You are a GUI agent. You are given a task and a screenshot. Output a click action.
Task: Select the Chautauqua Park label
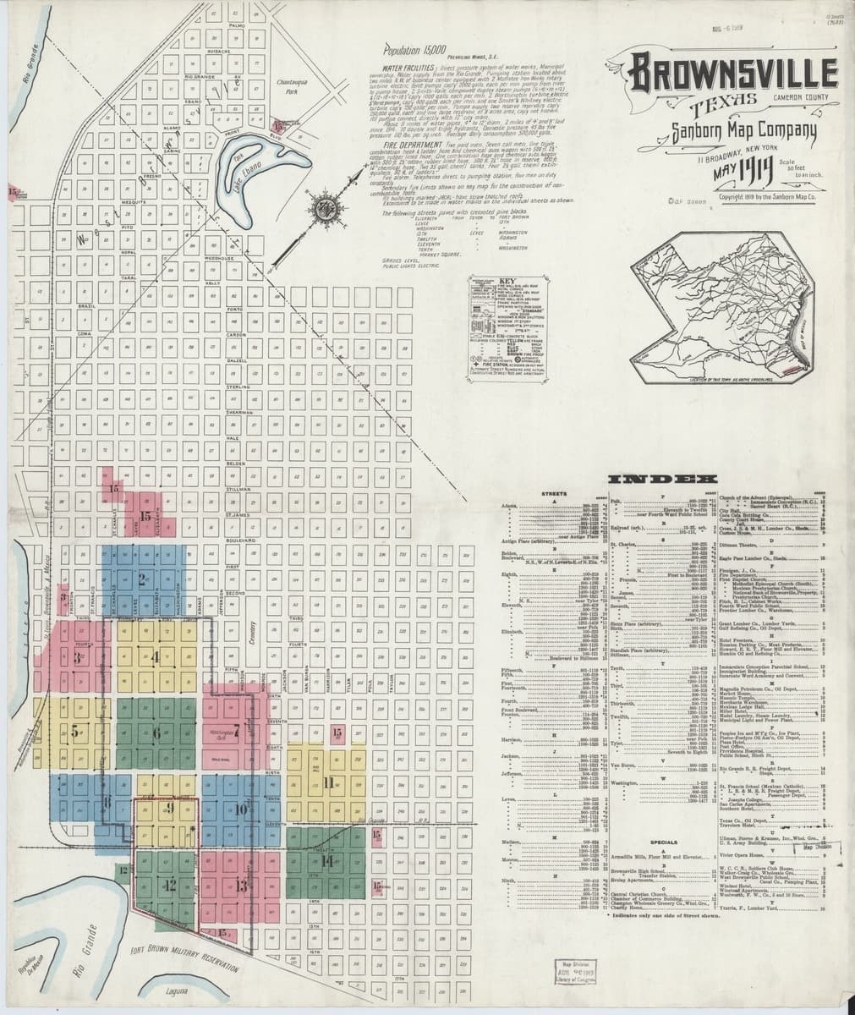(294, 86)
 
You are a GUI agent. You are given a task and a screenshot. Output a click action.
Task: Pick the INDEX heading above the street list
(665, 480)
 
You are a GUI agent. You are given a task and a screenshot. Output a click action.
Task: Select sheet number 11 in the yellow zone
(328, 782)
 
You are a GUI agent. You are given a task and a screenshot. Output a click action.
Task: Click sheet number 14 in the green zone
(326, 862)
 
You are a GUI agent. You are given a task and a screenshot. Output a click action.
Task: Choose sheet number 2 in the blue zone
(142, 580)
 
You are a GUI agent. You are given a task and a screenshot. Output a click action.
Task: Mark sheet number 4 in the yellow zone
(156, 659)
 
